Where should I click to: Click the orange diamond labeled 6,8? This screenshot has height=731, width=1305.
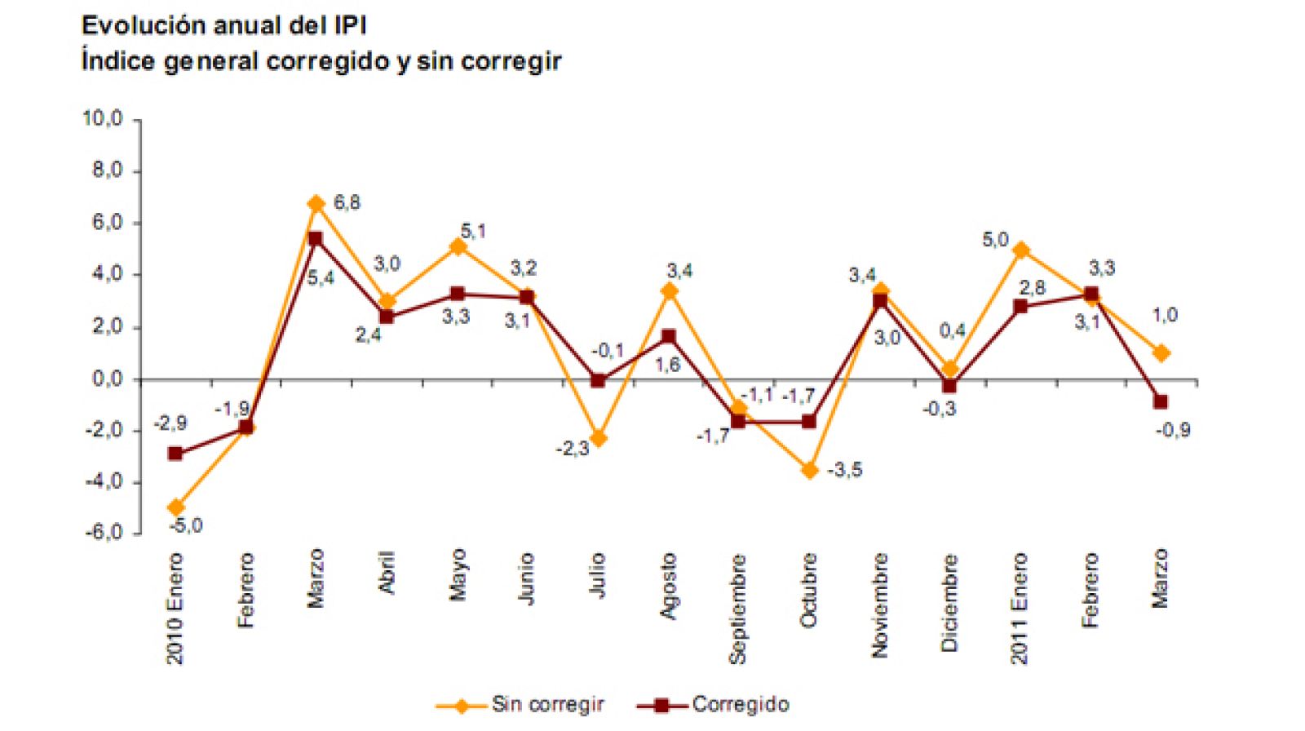click(316, 203)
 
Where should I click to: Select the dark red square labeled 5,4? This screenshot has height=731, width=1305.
click(316, 239)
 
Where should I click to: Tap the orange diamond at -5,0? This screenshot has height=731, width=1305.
click(175, 507)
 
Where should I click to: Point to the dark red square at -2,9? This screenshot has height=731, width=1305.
click(175, 454)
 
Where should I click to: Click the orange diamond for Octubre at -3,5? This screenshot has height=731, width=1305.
click(809, 470)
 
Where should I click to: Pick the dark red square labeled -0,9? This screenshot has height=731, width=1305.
click(1161, 402)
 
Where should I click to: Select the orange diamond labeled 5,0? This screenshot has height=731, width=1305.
click(1020, 250)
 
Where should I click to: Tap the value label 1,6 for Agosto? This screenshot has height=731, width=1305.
click(667, 365)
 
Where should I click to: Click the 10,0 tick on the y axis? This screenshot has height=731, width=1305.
click(102, 119)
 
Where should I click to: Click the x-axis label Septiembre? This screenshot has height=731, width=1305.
click(738, 608)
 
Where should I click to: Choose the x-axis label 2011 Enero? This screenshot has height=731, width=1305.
click(1020, 608)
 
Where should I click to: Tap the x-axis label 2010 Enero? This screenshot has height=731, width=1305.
click(175, 608)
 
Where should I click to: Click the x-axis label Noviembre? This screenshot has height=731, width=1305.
click(879, 605)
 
